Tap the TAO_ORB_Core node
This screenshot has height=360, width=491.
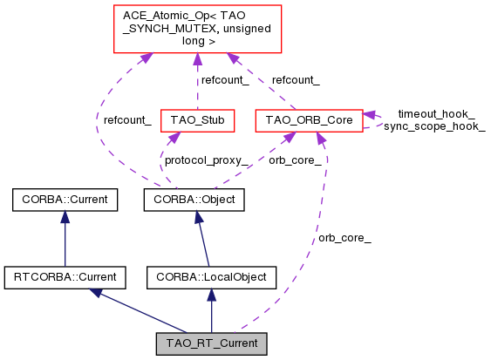click(308, 119)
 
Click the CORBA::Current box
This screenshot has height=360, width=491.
click(65, 200)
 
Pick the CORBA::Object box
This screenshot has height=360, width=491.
click(194, 200)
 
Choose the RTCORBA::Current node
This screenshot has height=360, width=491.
click(65, 278)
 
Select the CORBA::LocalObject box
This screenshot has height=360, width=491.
click(211, 278)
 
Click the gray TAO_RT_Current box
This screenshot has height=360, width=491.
click(211, 343)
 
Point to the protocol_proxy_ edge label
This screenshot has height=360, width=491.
click(206, 160)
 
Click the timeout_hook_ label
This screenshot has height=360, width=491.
click(424, 113)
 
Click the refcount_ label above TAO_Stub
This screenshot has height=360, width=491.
click(225, 80)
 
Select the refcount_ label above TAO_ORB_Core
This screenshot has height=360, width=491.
click(295, 80)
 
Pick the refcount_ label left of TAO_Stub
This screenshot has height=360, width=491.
click(127, 120)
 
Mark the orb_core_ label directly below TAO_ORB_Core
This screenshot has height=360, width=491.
click(295, 160)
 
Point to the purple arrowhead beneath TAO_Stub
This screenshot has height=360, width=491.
click(174, 137)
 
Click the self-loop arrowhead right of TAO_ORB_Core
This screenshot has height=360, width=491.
click(370, 115)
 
